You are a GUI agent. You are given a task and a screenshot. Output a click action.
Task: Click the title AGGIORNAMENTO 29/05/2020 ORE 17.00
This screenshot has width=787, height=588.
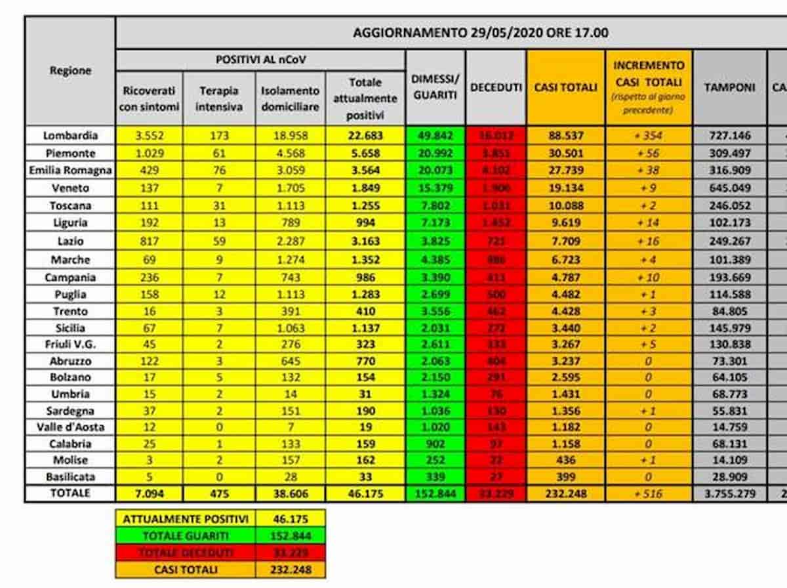click(480, 33)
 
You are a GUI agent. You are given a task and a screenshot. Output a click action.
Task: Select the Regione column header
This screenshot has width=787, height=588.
click(70, 71)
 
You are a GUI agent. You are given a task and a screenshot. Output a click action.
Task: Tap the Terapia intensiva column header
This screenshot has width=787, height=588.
click(220, 98)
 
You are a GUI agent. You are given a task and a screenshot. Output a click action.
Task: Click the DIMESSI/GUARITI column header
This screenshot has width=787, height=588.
click(435, 87)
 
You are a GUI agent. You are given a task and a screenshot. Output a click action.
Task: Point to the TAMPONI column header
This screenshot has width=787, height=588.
click(729, 87)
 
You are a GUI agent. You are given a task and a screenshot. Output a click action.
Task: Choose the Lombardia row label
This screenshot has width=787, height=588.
click(70, 136)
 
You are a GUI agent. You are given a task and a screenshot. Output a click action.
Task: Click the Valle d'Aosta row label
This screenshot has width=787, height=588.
click(70, 427)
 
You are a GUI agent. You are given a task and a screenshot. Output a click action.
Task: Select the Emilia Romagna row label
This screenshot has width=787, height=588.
click(70, 171)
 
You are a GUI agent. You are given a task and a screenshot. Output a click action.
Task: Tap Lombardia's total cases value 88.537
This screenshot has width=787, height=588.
click(565, 136)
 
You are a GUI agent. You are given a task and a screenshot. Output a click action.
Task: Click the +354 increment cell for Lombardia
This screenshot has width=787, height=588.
click(649, 136)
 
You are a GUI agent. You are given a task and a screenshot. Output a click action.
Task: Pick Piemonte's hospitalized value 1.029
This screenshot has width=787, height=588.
click(150, 154)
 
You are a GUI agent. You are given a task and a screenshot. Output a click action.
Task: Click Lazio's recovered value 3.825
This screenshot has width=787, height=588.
click(435, 241)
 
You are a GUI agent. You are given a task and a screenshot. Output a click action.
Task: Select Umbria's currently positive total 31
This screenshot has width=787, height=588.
click(365, 394)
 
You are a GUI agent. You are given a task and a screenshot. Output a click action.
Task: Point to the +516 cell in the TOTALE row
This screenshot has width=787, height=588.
click(649, 493)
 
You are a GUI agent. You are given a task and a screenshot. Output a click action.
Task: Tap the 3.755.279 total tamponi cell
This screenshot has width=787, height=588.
click(729, 493)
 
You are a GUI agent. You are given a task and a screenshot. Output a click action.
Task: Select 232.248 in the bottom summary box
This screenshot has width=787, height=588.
click(291, 569)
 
